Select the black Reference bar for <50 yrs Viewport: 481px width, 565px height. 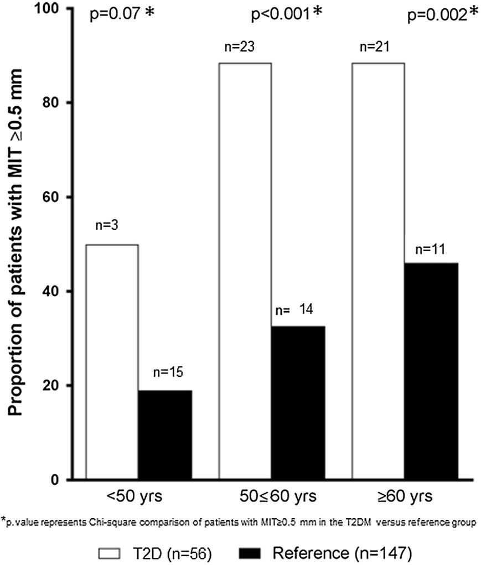click(165, 435)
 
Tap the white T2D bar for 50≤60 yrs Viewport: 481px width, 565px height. click(245, 271)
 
